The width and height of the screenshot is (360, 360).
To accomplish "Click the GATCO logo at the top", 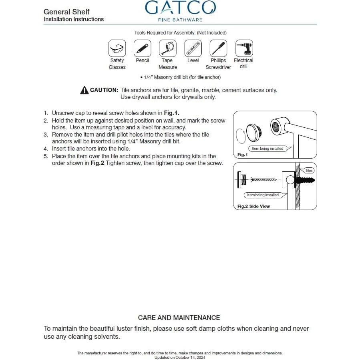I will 180,8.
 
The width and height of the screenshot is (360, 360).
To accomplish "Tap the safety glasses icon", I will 117,48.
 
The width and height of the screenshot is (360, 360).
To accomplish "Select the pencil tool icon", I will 142,48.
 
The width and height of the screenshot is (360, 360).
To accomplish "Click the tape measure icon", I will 167,48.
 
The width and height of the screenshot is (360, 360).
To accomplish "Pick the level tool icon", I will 193,48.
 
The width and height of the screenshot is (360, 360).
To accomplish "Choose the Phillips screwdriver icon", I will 218,48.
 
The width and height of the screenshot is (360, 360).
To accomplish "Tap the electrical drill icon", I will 243,48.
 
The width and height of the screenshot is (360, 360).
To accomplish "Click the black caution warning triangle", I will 84,91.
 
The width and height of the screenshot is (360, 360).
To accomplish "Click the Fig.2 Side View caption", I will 253,206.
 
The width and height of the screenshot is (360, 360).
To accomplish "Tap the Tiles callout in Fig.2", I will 309,171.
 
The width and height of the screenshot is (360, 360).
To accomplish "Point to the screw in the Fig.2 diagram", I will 263,180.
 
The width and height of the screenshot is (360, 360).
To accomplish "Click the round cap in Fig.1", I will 253,132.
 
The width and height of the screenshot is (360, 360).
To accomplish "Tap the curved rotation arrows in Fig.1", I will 240,135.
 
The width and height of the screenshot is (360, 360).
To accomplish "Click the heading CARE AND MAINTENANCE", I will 179,318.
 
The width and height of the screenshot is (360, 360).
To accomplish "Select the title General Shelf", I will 66,12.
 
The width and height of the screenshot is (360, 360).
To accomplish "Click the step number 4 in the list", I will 46,149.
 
